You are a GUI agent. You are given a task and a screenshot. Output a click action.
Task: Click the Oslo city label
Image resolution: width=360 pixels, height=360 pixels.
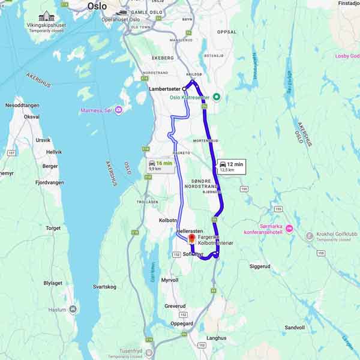point(97,6)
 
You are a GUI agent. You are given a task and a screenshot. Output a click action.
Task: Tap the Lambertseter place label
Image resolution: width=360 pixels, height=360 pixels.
point(164,88)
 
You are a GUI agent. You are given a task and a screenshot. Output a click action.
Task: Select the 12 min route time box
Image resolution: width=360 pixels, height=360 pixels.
point(231,166)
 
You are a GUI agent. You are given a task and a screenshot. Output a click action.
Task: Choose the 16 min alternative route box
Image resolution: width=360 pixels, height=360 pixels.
point(160,166)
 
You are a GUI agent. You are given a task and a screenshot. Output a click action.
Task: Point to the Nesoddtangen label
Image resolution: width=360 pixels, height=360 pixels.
point(22,105)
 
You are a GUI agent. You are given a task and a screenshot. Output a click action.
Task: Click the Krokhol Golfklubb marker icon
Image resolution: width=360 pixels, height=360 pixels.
point(310,236)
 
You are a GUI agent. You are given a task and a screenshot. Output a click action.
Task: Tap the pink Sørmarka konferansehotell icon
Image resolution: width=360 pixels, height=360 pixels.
point(289,227)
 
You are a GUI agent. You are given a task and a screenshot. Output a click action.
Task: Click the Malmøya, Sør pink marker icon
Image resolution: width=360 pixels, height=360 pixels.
point(119,110)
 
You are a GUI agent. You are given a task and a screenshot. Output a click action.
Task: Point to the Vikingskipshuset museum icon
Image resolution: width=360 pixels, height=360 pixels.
point(46,16)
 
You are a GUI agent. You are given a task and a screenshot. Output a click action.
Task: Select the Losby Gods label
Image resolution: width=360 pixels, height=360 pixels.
point(347,56)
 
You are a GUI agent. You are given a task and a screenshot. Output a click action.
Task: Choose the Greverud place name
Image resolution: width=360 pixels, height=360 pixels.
point(175,306)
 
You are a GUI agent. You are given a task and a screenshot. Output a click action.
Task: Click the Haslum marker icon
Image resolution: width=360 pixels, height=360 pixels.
point(73,310)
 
